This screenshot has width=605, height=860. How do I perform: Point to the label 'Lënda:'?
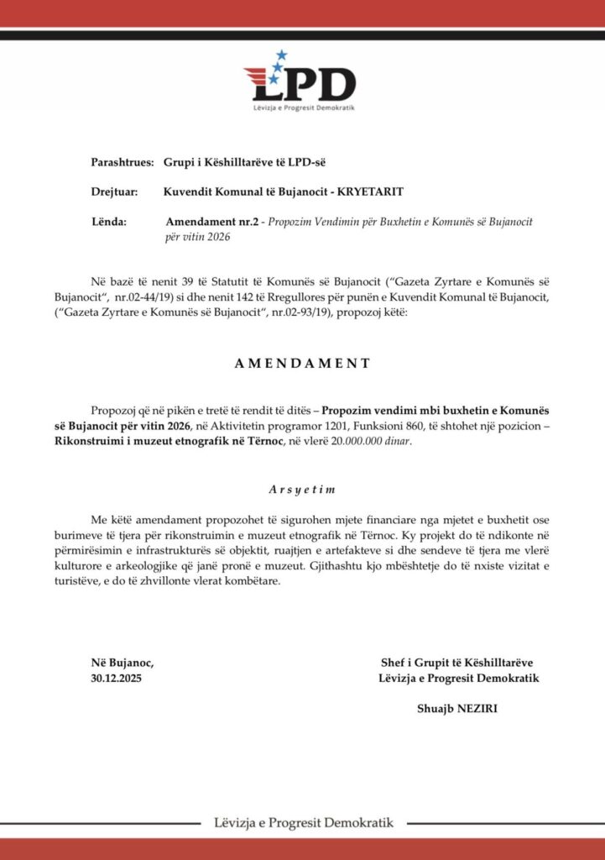[108, 222]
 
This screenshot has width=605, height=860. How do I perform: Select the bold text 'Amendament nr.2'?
[210, 222]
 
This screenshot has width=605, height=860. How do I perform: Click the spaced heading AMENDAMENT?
[303, 364]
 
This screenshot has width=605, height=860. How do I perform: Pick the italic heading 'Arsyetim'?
[302, 488]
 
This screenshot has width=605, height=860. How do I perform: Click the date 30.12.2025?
[117, 678]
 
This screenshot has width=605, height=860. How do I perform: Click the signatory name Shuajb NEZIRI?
[457, 708]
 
